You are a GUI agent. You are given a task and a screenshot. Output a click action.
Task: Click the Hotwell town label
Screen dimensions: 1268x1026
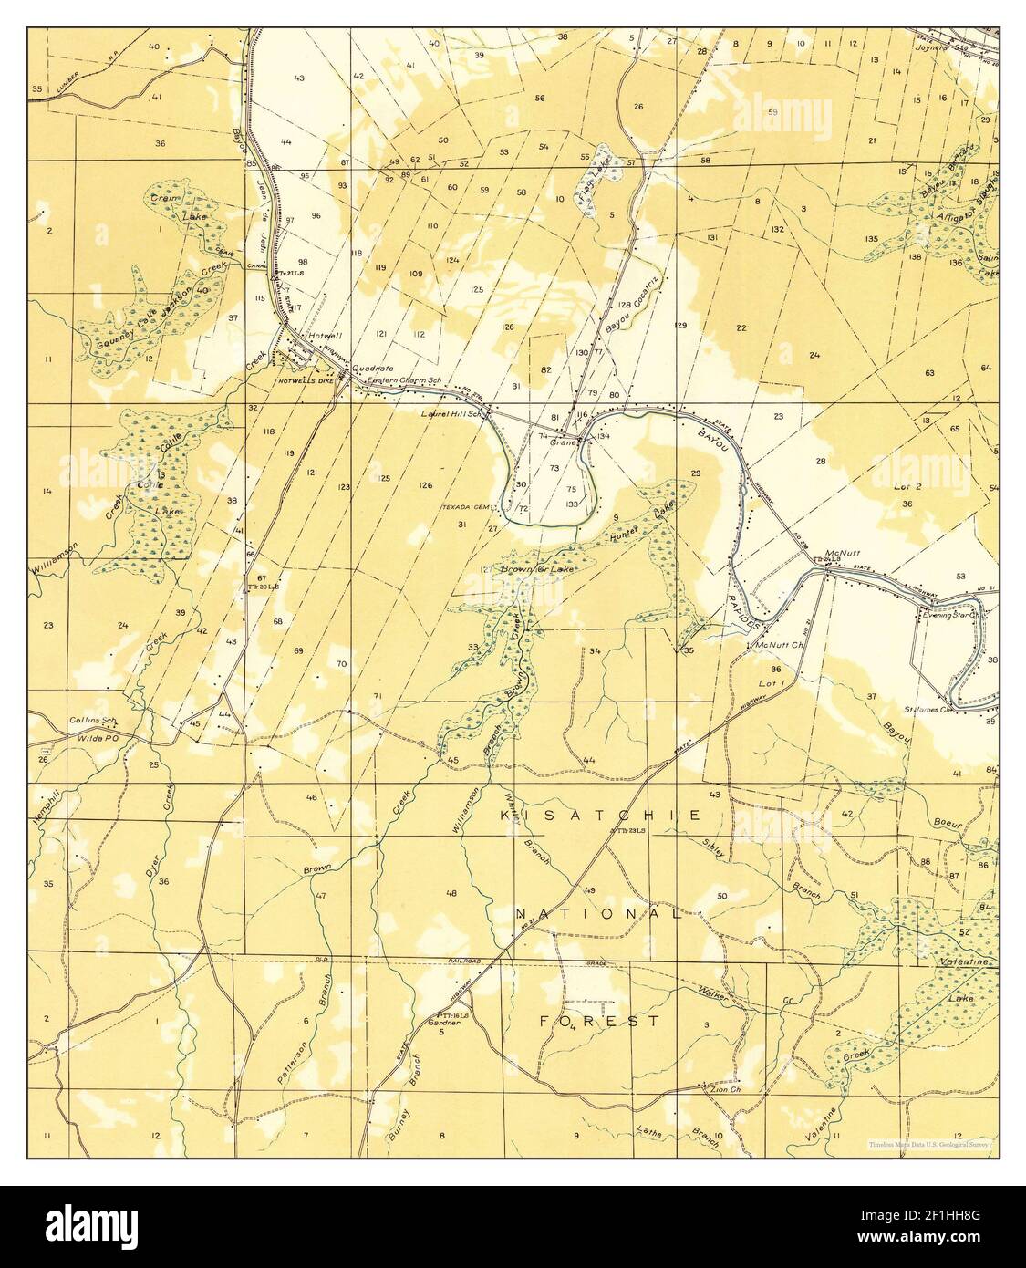[326, 336]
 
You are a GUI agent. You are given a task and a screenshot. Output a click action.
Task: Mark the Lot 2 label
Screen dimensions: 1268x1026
[906, 488]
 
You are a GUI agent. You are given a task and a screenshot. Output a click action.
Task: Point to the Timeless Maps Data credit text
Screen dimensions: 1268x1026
[929, 1142]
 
